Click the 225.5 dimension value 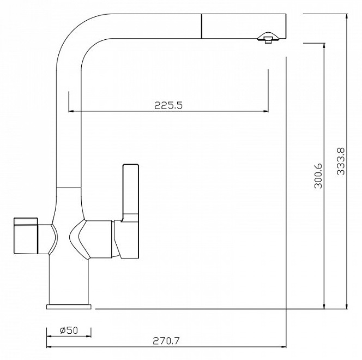[168, 105]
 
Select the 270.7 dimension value [166, 341]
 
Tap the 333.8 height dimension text [341, 161]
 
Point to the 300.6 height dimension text [318, 176]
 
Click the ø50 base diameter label [69, 330]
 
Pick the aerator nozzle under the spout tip [268, 38]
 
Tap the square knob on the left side [26, 236]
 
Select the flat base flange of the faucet [69, 307]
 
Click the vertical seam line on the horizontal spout [202, 26]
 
